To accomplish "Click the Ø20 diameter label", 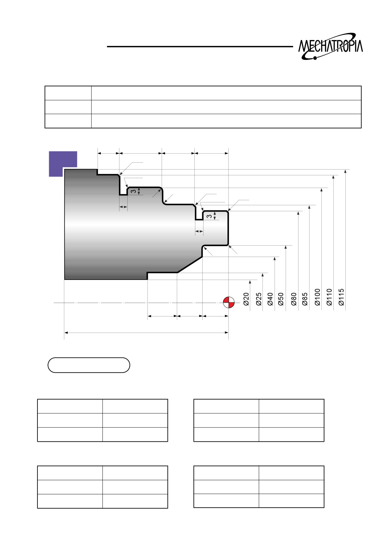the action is (x=246, y=299).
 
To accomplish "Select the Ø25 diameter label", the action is (x=259, y=299).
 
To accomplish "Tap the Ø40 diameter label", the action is (x=270, y=299).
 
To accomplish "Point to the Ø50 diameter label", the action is (x=281, y=299).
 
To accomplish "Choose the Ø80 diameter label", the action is (x=294, y=299).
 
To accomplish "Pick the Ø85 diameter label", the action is (x=305, y=299).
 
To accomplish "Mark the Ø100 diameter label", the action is (x=317, y=297).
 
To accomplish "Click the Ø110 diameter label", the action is (x=329, y=297).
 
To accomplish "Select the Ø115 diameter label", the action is (x=341, y=297).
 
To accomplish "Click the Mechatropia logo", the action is (x=331, y=46).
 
